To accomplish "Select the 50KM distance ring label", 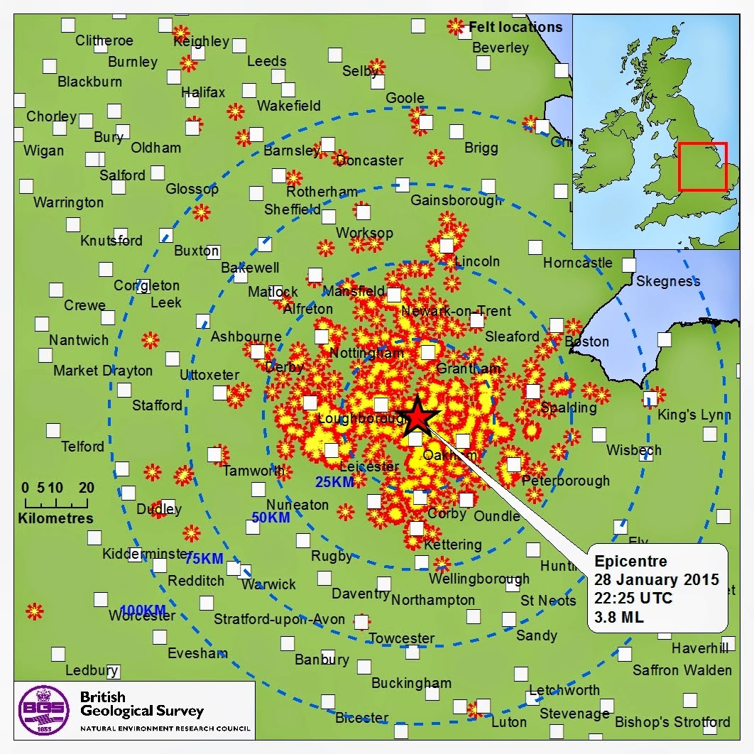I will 271,518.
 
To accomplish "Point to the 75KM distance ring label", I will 204,559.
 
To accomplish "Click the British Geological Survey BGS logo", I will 44,709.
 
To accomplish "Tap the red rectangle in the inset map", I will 702,167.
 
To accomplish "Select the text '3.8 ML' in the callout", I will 619,617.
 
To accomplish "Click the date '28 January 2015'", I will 657,579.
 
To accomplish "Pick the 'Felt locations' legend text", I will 515,28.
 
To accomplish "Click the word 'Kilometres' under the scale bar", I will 55,518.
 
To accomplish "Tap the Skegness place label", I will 667,281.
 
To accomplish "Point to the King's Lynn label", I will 694,415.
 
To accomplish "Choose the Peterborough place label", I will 565,481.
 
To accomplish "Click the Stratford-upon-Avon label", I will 280,619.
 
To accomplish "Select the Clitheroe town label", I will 104,40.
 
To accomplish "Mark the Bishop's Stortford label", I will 672,722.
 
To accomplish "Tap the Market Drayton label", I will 103,371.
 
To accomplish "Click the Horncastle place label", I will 577,263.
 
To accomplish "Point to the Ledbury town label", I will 92,670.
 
